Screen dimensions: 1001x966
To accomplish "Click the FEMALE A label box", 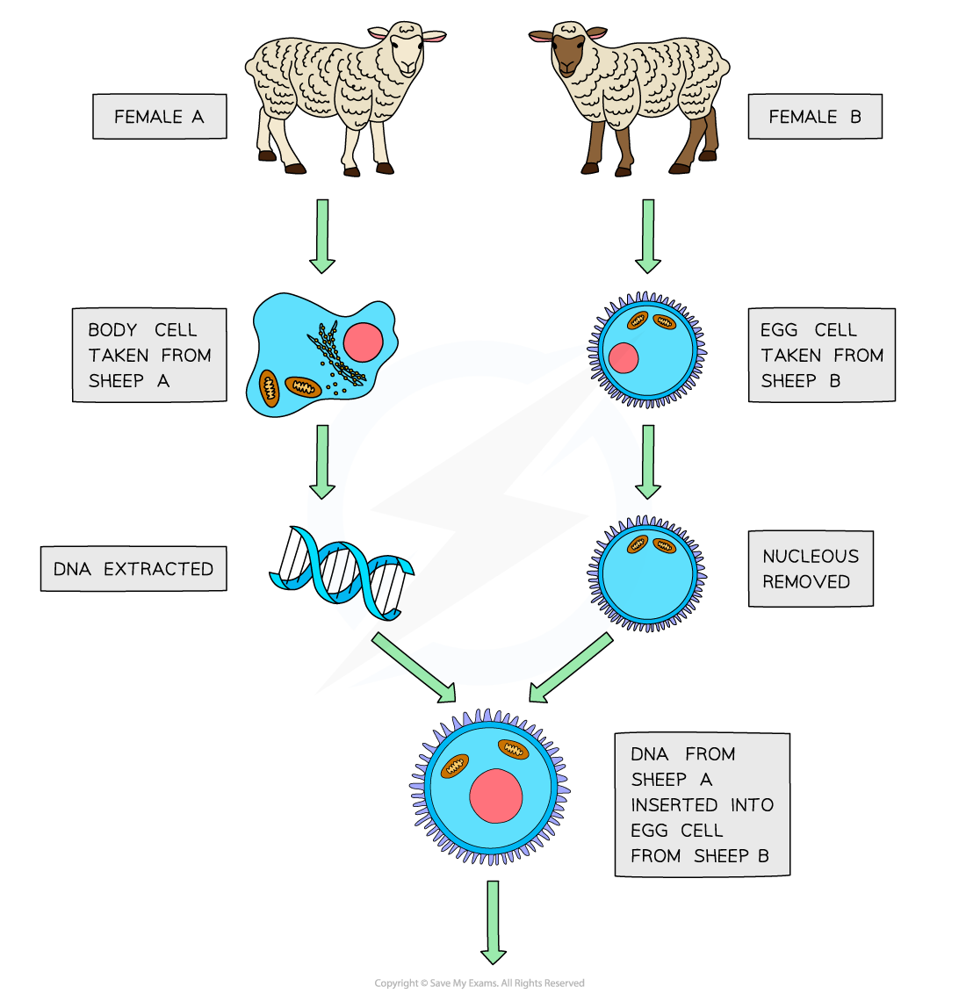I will [159, 117].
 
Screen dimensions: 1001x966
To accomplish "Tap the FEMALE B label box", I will [814, 117].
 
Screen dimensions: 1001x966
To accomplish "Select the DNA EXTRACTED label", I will [133, 569].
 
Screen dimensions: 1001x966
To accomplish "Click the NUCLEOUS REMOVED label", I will [810, 569].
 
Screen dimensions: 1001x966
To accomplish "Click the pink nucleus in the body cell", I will [363, 342].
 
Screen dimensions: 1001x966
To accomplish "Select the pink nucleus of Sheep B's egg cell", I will [623, 357].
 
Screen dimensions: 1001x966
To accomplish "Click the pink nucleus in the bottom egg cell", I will [495, 796].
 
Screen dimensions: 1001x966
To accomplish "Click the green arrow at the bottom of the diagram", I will [493, 922].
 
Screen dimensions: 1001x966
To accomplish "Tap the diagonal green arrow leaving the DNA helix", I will [414, 668].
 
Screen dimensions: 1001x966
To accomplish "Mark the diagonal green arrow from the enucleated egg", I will [572, 668].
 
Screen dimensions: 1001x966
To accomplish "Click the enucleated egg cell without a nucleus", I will [647, 574].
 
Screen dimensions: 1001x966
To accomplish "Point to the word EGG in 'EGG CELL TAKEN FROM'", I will [779, 330].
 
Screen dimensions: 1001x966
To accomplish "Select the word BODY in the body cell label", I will [112, 330].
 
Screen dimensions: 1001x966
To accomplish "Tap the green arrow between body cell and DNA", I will [322, 462].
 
